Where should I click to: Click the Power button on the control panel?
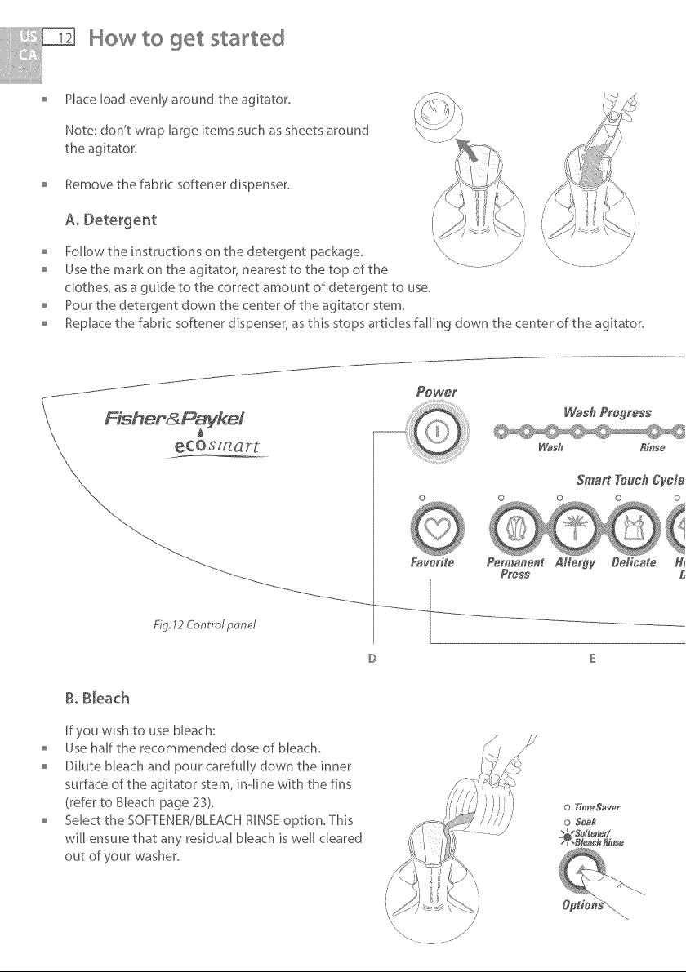437,432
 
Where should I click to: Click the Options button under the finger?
581,870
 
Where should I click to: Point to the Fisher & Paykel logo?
174,419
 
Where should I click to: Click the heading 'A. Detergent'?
110,220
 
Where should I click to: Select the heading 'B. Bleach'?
97,699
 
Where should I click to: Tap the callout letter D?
372,659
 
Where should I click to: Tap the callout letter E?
592,659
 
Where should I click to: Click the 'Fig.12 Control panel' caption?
205,624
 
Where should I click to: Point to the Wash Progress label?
608,413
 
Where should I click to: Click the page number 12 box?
60,38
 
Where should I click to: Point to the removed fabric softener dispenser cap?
438,115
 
